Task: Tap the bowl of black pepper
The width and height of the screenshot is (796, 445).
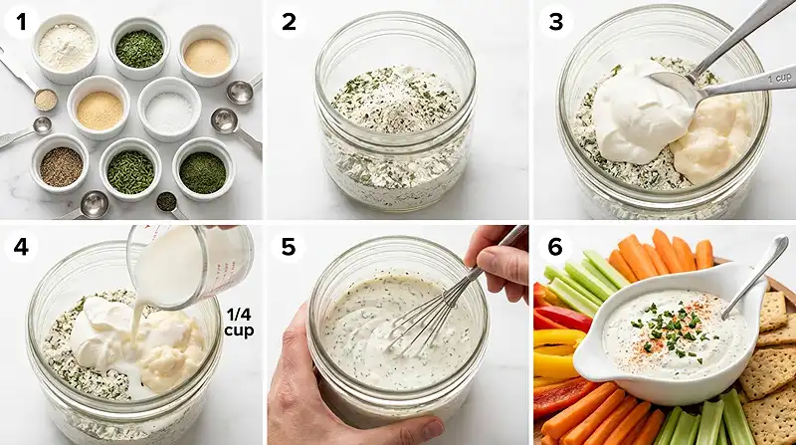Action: [x=62, y=166]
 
